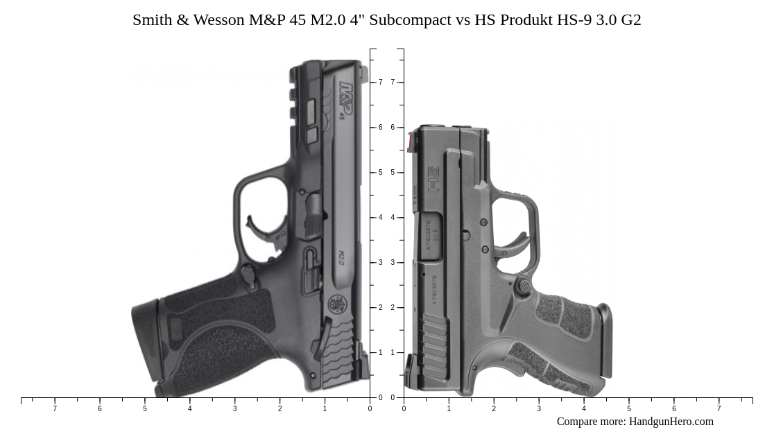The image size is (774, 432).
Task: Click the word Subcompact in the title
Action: [410, 20]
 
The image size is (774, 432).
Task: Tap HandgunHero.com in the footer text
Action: [671, 422]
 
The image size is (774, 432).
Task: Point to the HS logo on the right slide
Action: [433, 179]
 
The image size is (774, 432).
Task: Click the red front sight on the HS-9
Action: [411, 141]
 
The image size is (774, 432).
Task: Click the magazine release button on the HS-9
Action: [525, 285]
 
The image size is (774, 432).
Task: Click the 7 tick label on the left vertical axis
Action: [380, 83]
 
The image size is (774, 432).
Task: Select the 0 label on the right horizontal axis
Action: [404, 409]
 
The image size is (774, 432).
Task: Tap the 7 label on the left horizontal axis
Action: [55, 409]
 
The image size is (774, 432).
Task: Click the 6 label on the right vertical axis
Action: [393, 128]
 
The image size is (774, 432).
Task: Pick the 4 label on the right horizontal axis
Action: [584, 409]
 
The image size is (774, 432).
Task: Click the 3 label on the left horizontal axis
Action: [234, 409]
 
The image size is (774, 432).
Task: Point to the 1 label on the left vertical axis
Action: [380, 353]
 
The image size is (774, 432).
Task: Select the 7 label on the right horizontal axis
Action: [719, 409]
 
